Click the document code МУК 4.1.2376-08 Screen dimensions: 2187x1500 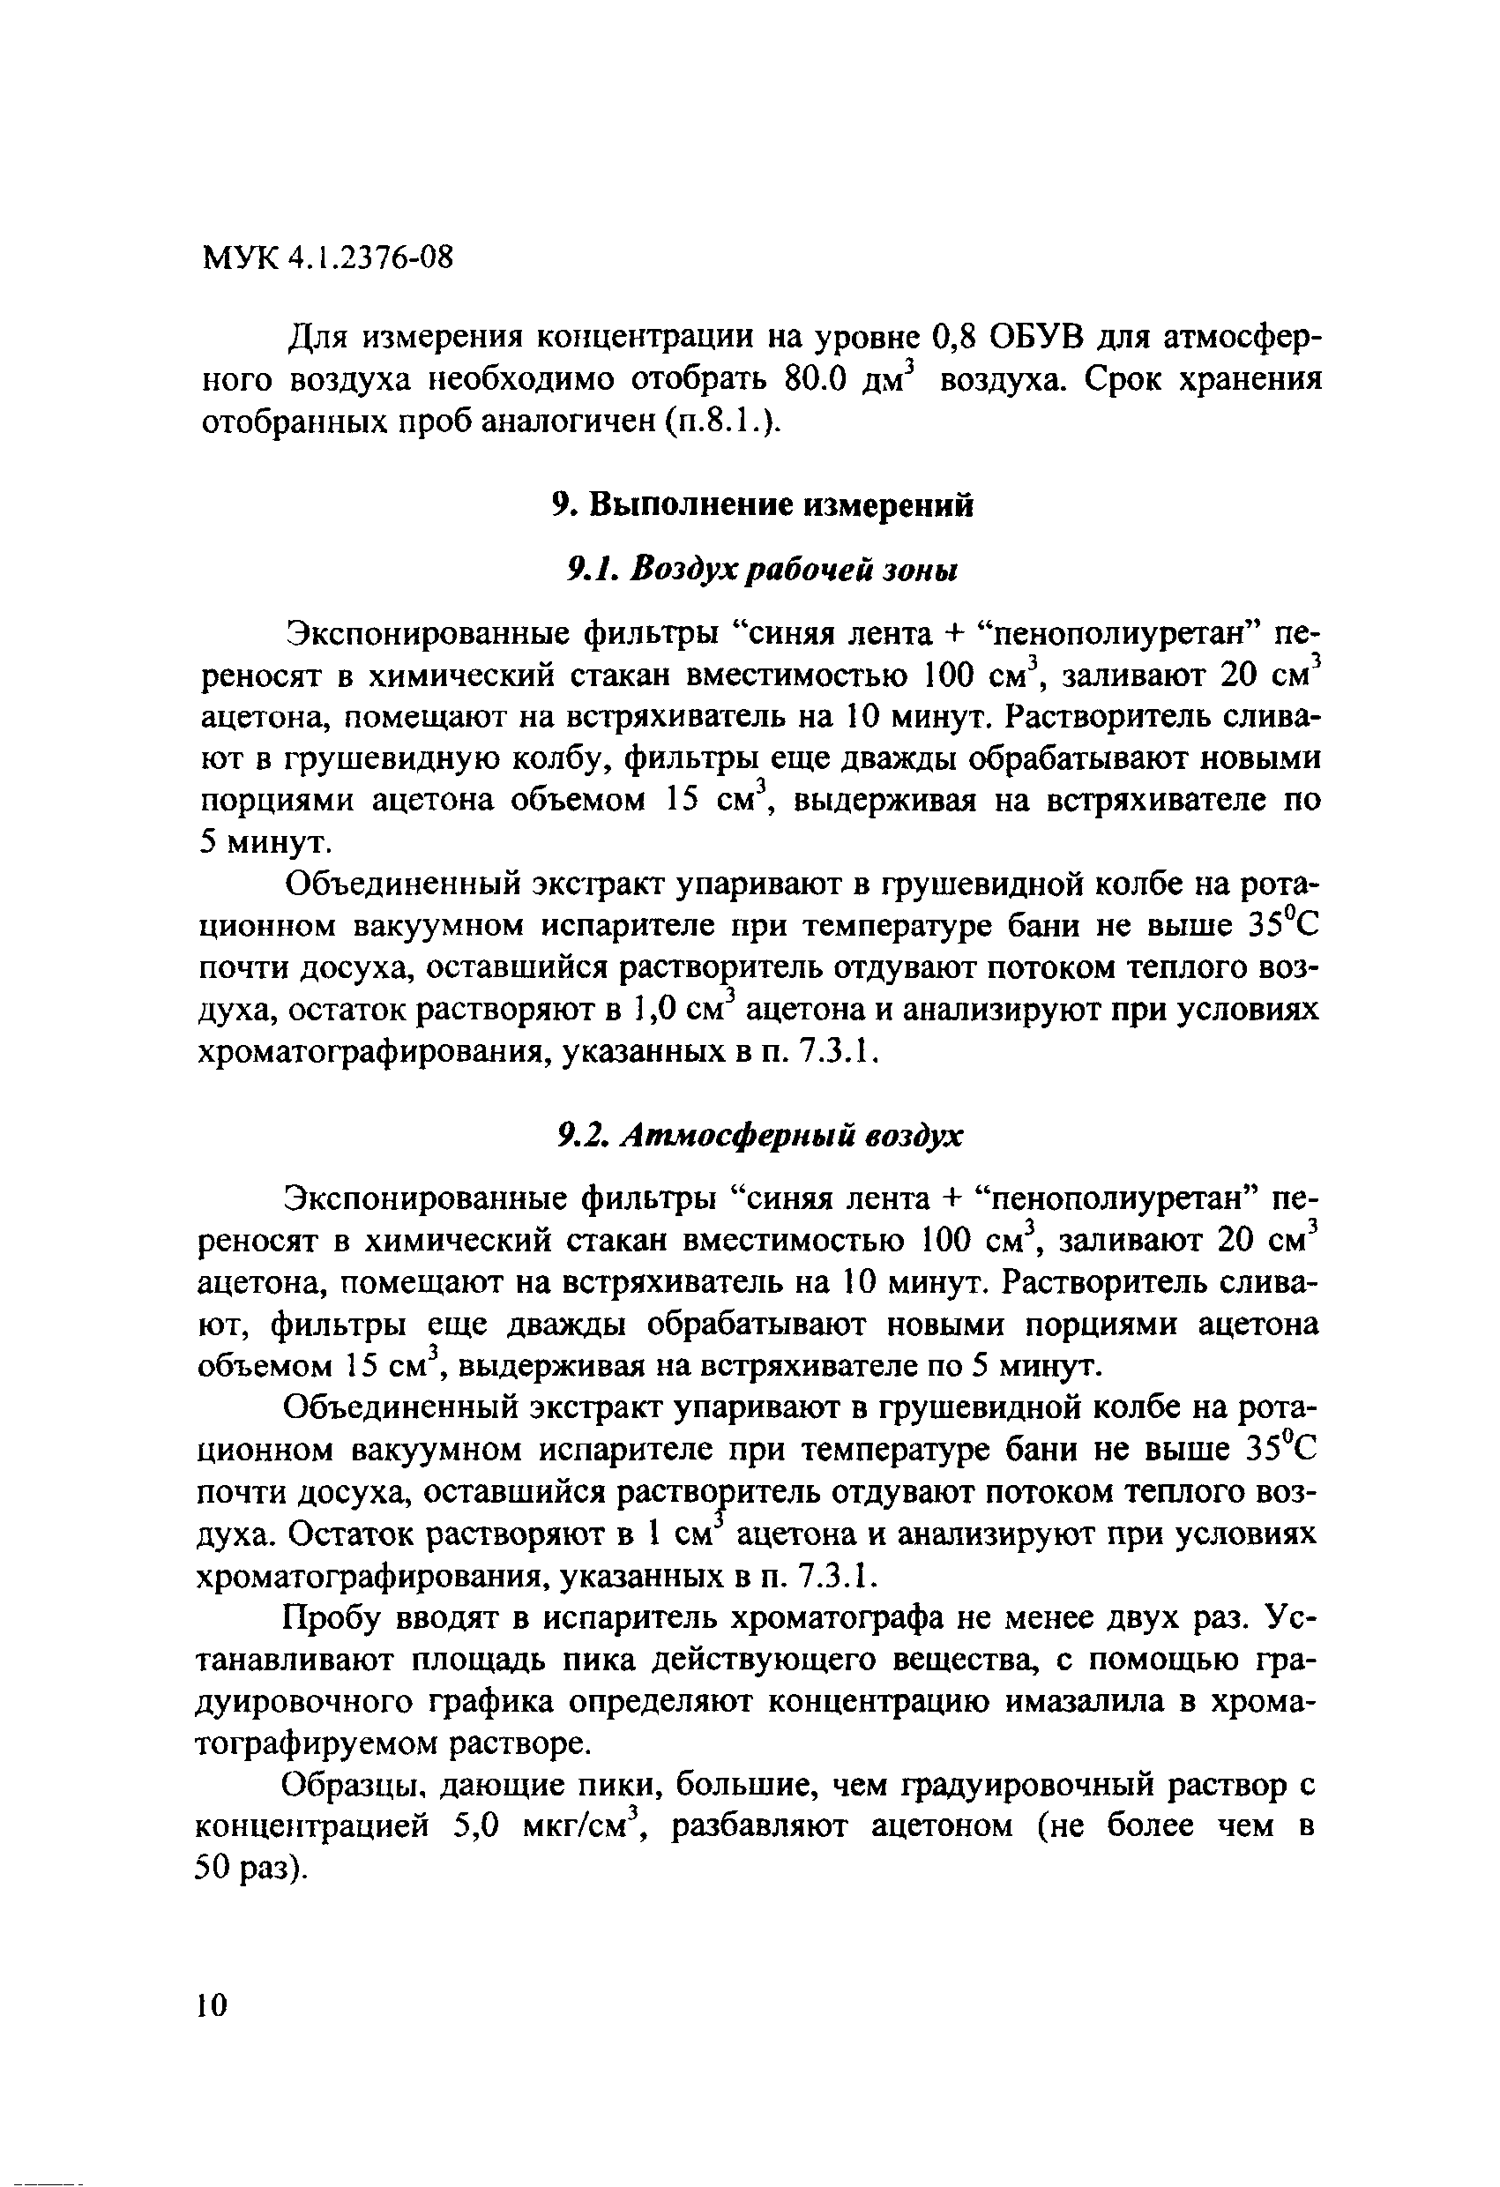coord(327,256)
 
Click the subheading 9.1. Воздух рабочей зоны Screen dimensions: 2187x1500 coord(761,570)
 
